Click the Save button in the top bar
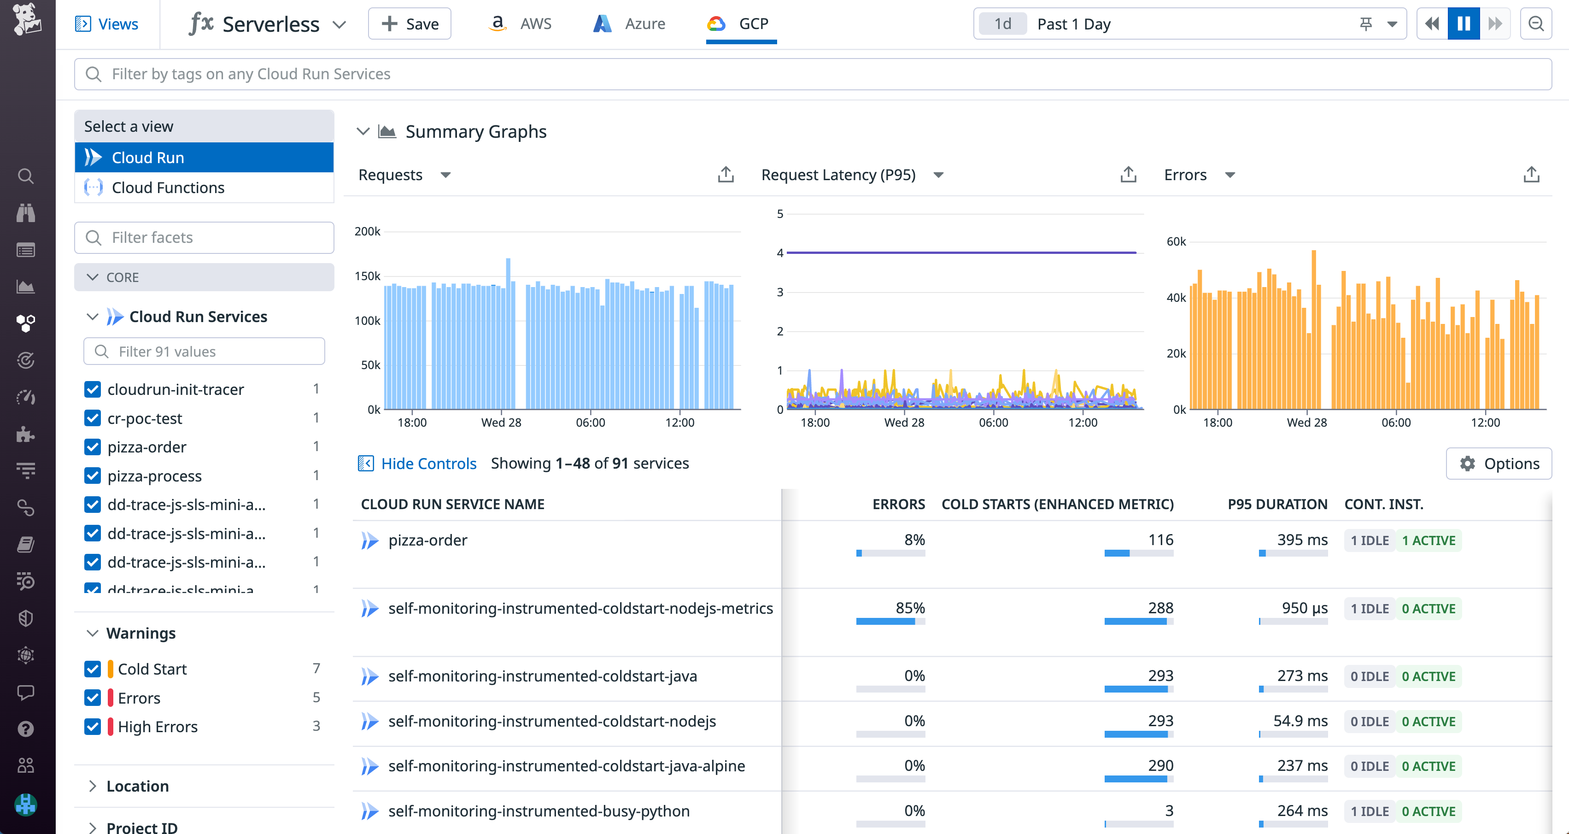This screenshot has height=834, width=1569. point(410,24)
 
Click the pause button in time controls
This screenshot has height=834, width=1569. point(1464,24)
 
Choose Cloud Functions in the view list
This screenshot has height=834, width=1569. point(168,188)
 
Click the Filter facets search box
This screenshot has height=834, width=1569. point(204,238)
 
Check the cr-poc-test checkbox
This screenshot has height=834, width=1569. point(93,418)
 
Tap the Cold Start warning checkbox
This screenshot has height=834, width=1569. point(93,669)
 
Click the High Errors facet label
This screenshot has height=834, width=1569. point(157,727)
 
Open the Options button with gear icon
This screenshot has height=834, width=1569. point(1499,464)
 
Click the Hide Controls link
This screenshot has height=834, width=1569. point(428,464)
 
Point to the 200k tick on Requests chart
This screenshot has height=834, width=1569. point(367,231)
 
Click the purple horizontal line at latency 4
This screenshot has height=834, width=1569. point(961,252)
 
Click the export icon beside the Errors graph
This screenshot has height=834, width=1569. point(1531,175)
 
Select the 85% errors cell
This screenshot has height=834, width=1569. point(909,608)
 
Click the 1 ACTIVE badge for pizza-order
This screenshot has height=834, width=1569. point(1428,540)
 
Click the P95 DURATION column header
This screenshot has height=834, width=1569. point(1277,505)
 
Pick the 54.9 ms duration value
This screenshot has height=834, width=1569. point(1300,721)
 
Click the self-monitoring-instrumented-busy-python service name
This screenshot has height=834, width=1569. point(539,811)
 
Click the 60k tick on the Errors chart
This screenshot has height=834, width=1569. point(1176,242)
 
